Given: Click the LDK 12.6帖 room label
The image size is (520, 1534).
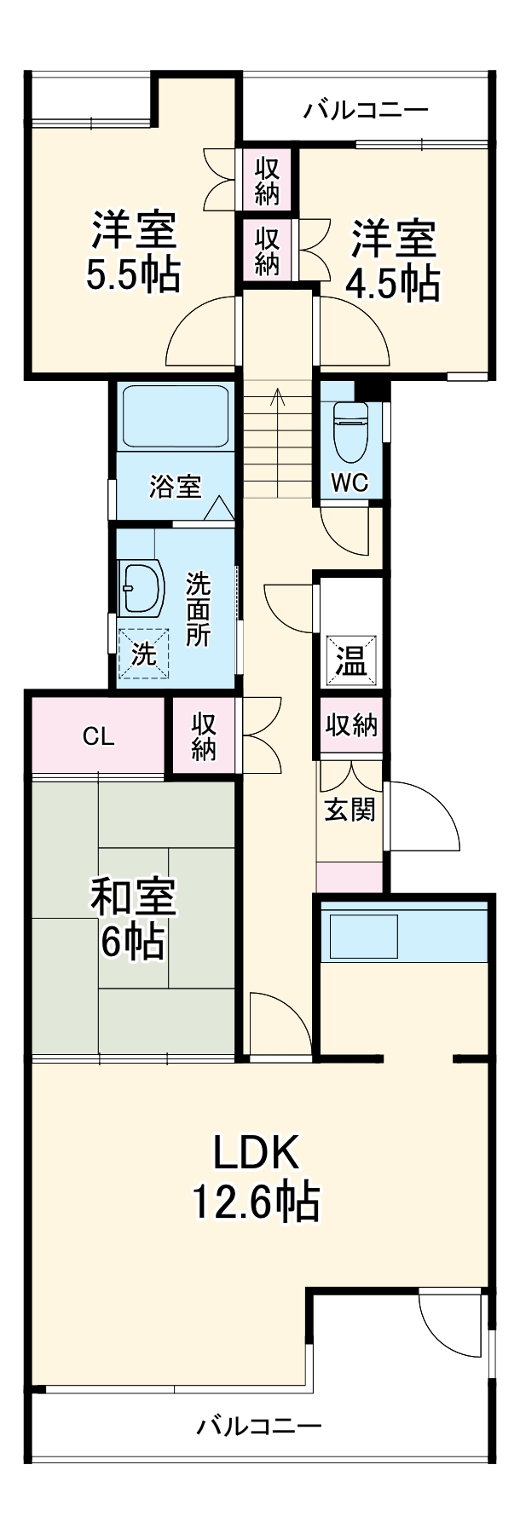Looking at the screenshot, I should point(255,1177).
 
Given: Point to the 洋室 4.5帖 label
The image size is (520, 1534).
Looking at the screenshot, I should point(393,261).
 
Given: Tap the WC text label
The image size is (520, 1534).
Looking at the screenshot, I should point(350,482).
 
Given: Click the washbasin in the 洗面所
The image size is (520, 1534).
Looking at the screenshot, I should point(142,588).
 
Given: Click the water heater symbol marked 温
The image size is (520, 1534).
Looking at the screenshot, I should point(350,660).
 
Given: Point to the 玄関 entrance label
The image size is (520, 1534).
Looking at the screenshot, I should point(350,808).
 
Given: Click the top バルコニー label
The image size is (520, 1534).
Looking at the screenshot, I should point(367,110).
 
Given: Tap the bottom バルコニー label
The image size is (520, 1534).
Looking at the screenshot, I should point(259,1426).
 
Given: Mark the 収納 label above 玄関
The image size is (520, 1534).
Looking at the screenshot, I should point(351,726).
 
